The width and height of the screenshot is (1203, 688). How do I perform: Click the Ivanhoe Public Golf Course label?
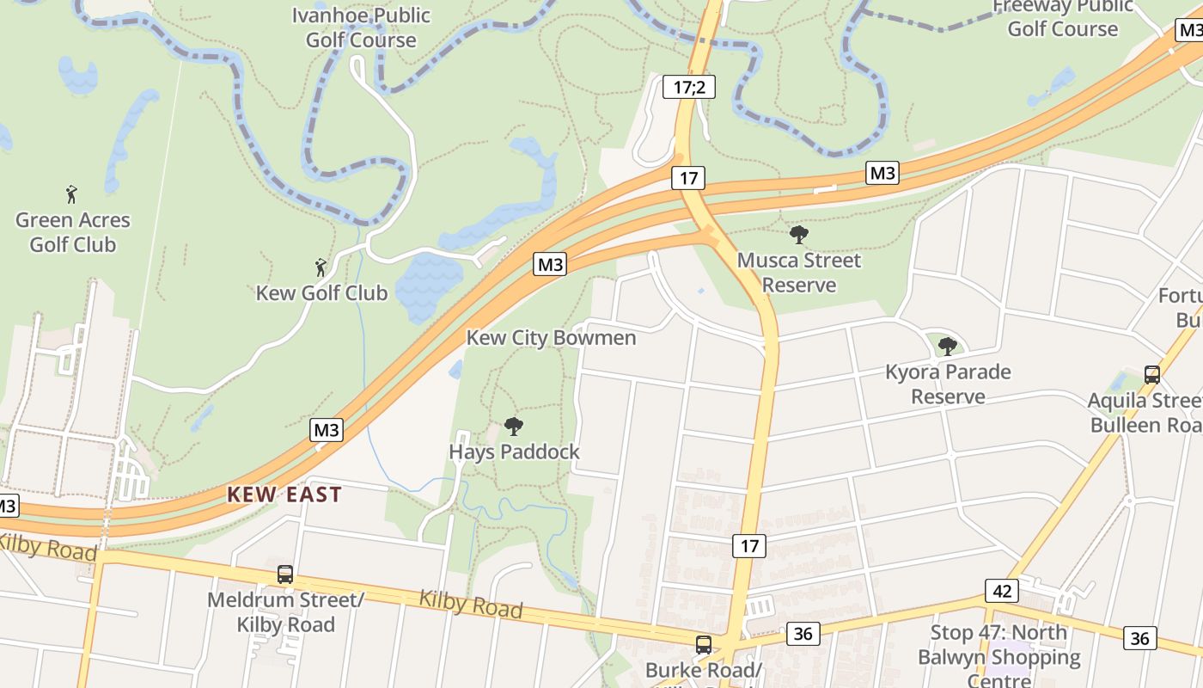coord(361,28)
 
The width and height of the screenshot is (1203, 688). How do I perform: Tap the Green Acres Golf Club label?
coord(73,232)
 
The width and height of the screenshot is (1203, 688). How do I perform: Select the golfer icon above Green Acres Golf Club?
coord(71,194)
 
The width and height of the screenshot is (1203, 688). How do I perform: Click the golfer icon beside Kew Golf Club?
coord(321,267)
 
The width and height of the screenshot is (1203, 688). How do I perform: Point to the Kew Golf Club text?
coord(321,292)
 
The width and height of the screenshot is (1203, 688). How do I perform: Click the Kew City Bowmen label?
coord(551,337)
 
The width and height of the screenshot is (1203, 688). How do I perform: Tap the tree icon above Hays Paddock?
coord(514,426)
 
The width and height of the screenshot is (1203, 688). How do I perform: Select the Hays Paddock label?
coord(514,451)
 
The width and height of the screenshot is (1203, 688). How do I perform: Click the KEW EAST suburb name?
coord(284,494)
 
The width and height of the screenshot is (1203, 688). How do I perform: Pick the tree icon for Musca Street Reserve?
coord(798,235)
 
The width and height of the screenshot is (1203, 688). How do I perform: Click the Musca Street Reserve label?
coord(798,272)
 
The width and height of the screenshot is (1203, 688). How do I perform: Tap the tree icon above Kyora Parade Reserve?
coord(947,347)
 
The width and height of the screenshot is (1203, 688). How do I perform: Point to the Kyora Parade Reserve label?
coord(948,384)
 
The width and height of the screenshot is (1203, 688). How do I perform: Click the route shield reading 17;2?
coord(688,86)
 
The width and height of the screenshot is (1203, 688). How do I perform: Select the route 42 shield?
coord(1001,591)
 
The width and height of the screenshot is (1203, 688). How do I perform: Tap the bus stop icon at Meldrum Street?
coord(284,574)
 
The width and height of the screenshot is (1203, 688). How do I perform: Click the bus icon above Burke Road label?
coord(703,644)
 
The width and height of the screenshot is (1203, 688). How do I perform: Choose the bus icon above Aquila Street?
coord(1151,375)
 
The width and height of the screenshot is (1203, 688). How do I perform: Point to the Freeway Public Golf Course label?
coord(1063,17)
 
